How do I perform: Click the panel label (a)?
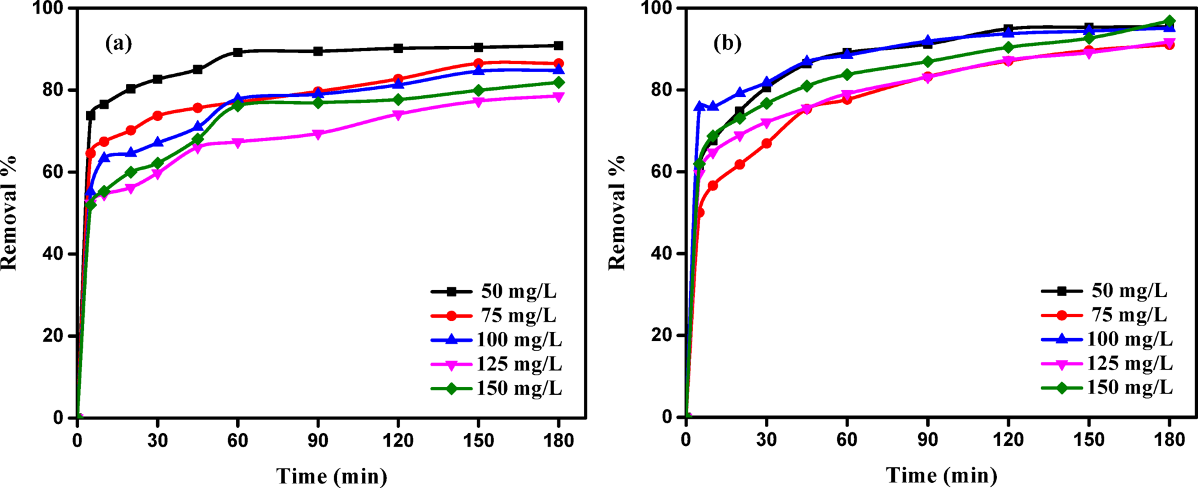(118, 43)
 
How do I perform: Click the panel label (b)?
(727, 43)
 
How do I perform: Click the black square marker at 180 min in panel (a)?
(559, 45)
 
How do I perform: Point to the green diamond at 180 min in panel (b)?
(1169, 21)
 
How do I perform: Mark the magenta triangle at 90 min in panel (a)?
(317, 135)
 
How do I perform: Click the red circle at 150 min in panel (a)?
(478, 63)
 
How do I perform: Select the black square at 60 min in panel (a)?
(238, 52)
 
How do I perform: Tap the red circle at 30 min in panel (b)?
(767, 143)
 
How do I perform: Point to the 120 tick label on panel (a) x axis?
(398, 441)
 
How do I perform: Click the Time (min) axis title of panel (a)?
(332, 476)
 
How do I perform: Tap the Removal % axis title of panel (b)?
(617, 212)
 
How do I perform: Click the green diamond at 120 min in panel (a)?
(398, 100)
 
